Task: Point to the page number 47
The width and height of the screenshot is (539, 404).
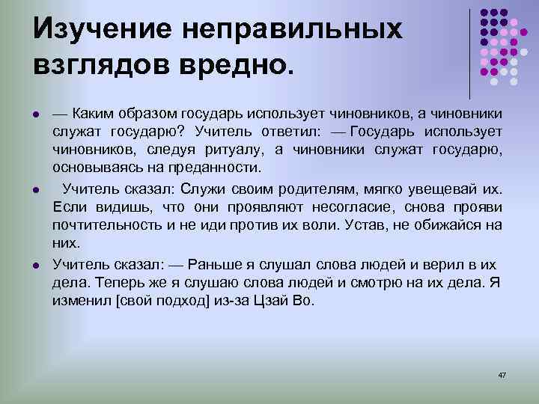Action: point(502,373)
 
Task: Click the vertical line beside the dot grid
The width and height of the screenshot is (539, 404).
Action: point(470,52)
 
